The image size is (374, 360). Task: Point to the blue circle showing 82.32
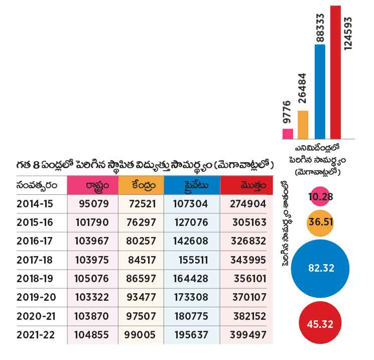tap(321, 267)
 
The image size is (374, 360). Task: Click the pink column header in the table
tap(92, 186)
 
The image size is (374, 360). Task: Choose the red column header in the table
tap(246, 186)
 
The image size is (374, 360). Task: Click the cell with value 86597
tap(142, 279)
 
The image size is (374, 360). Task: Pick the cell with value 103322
tap(93, 297)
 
